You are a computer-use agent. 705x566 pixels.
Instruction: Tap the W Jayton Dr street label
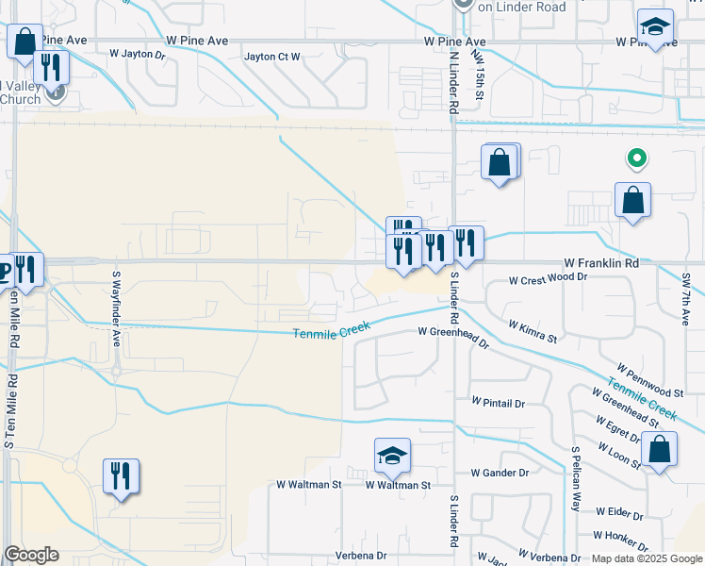coord(137,55)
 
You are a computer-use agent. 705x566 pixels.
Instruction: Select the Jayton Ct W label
coord(271,57)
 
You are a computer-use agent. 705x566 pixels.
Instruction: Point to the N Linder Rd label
coord(453,83)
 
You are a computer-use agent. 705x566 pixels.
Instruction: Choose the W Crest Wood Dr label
coord(548,279)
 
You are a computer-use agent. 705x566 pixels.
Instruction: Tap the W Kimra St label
coord(533,331)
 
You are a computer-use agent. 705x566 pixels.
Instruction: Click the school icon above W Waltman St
coord(392,457)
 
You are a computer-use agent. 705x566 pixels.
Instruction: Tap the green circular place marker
coord(637,159)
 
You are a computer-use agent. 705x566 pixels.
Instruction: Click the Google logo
coord(31,555)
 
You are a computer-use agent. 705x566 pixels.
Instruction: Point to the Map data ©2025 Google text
coord(645,558)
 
